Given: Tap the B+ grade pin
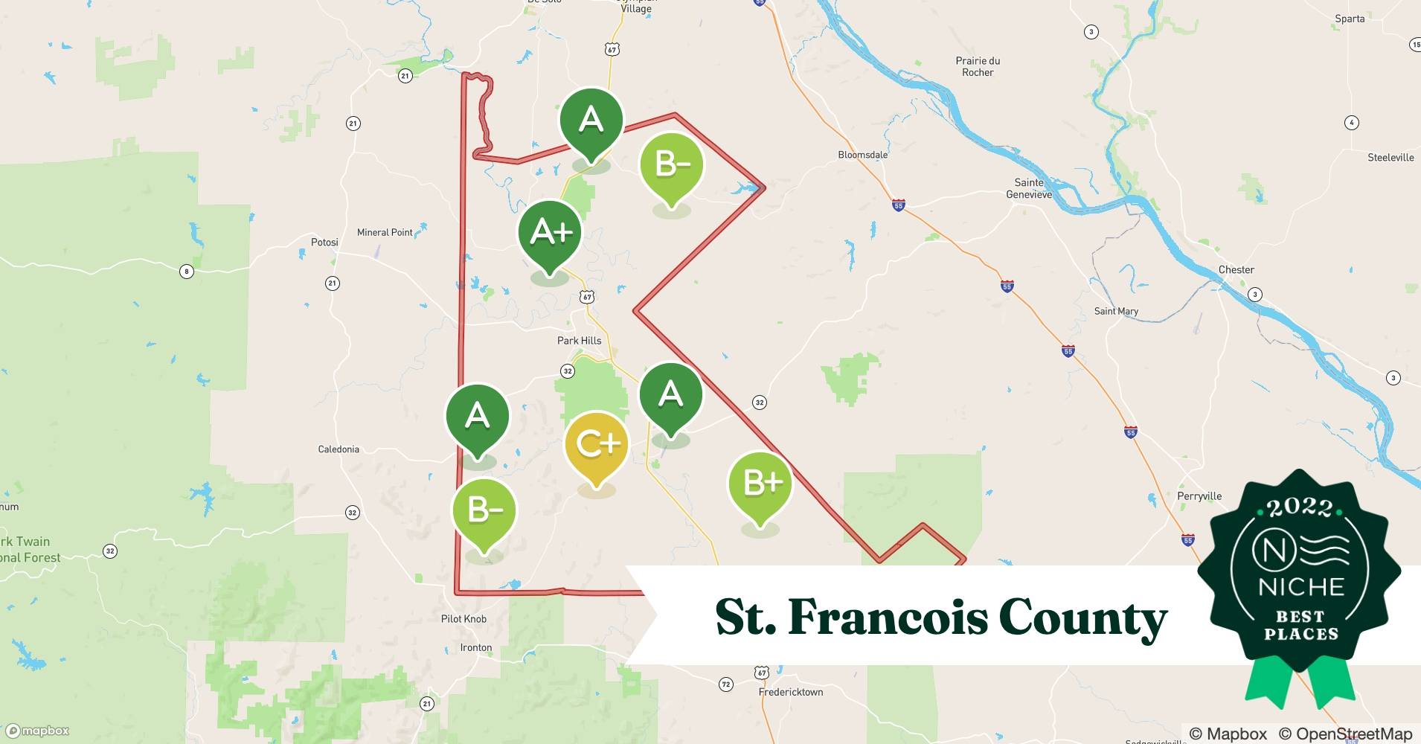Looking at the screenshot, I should tap(760, 484).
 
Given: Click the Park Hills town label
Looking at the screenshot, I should tap(579, 341).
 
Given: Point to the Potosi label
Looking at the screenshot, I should tap(324, 243).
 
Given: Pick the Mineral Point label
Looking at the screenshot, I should tap(385, 232).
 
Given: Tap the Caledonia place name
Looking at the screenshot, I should tap(339, 449).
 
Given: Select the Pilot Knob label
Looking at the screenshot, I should tap(463, 619).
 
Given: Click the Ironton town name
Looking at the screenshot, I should tap(476, 647).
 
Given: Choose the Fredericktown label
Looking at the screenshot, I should tap(791, 692).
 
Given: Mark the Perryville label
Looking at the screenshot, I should tap(1199, 496).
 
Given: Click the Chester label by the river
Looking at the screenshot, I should tap(1236, 270).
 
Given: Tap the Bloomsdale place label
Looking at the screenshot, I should tap(863, 155).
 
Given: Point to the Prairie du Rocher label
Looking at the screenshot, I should tap(978, 67).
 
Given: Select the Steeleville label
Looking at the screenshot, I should tap(1390, 158).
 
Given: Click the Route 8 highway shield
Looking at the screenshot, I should tap(187, 272).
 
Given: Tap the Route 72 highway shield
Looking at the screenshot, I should tap(726, 684).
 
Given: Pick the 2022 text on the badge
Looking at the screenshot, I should tap(1300, 507).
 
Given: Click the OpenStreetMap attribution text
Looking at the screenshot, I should tap(1345, 734).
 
